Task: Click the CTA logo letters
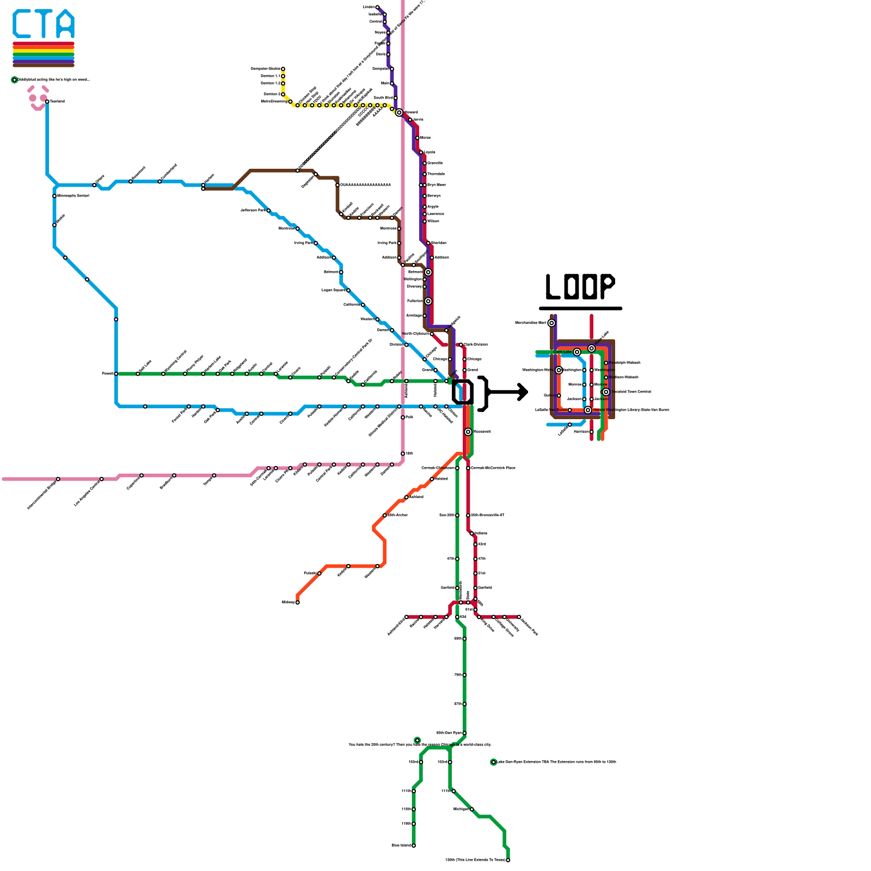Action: (x=44, y=24)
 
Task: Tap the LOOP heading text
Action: (x=580, y=286)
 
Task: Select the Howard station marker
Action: (x=399, y=113)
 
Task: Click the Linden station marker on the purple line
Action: (x=377, y=8)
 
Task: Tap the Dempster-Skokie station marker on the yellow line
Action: (x=283, y=69)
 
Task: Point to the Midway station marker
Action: (x=297, y=603)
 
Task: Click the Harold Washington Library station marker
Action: (x=588, y=410)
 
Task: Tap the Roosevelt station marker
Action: (x=468, y=432)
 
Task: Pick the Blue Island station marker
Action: (x=414, y=845)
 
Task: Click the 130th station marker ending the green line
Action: (x=508, y=860)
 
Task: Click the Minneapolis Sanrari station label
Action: (x=73, y=195)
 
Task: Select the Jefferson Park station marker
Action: (x=268, y=211)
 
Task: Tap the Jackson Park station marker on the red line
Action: (x=519, y=617)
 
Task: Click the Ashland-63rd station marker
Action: (x=406, y=617)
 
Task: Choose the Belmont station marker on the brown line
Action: (x=428, y=272)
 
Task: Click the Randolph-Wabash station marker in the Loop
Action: (x=606, y=363)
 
